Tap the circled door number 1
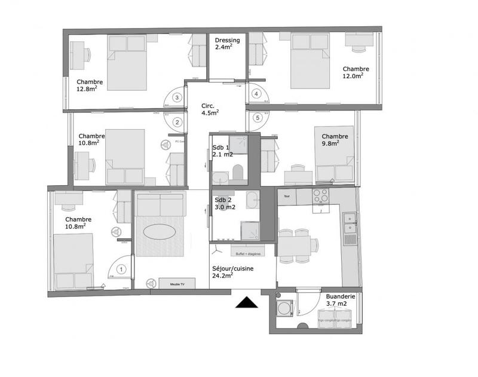pos(121,269)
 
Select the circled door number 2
pos(177,122)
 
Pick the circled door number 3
pos(177,97)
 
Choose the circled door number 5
pos(257,118)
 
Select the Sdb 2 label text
pos(225,204)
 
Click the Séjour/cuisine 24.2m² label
pos(233,272)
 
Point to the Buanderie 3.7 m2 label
pos(341,300)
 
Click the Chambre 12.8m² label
pos(90,85)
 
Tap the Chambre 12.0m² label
pos(356,72)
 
